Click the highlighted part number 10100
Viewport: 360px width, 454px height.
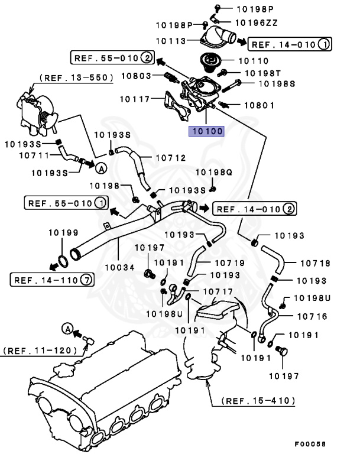click(206, 131)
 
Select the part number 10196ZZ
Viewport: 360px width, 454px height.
click(257, 22)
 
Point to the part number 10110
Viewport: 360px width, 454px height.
click(253, 60)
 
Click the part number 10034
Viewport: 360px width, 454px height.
click(120, 267)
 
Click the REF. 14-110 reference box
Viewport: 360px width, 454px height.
click(51, 280)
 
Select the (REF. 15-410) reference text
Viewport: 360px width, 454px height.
click(258, 400)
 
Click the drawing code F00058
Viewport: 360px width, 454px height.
click(310, 444)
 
